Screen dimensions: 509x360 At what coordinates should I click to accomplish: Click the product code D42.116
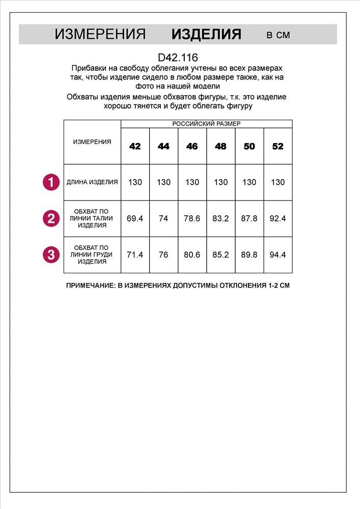click(178, 58)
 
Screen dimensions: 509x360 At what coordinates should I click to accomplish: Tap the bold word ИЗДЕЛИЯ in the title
click(206, 35)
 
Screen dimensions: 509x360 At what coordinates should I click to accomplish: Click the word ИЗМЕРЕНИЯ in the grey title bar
click(100, 35)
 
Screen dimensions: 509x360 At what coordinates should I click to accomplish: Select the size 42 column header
click(135, 147)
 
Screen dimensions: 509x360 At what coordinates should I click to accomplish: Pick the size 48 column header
click(220, 147)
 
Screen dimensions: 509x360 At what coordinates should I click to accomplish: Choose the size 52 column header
click(278, 147)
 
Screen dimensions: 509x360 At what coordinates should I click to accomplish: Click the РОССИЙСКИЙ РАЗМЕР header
click(206, 124)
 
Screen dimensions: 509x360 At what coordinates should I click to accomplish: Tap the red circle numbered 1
click(50, 182)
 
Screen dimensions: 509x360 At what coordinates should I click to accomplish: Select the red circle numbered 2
click(50, 218)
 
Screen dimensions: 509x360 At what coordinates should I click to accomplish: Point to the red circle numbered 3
click(50, 254)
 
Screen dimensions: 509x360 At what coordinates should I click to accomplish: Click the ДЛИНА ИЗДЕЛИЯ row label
click(92, 182)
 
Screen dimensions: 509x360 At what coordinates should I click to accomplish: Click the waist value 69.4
click(135, 218)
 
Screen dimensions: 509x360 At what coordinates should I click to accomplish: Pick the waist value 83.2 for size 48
click(220, 218)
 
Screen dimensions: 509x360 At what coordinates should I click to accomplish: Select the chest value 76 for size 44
click(163, 254)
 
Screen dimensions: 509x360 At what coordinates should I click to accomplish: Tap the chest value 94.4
click(278, 254)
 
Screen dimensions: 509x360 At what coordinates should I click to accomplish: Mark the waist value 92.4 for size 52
click(278, 218)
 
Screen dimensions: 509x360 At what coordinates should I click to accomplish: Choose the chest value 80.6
click(192, 254)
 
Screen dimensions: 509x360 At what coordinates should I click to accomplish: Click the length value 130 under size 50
click(249, 182)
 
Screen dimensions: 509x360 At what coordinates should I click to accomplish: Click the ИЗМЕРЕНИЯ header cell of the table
click(92, 142)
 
